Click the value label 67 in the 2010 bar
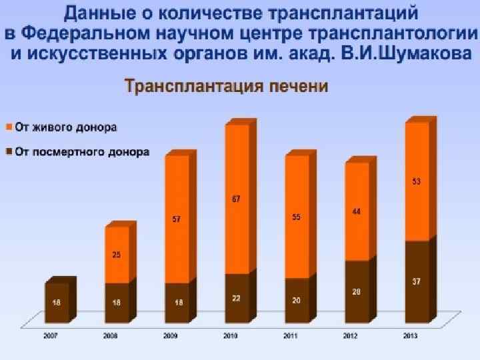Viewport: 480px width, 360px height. (x=236, y=199)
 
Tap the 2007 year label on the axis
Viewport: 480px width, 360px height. (x=51, y=336)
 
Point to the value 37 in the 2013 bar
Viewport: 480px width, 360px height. (x=416, y=283)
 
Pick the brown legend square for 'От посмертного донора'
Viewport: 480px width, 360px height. (x=9, y=152)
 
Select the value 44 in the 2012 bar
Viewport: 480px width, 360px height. (x=357, y=212)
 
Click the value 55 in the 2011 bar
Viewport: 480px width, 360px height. (x=297, y=217)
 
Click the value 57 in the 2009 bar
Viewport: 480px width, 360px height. (x=177, y=219)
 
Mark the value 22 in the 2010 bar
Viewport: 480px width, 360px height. (x=236, y=299)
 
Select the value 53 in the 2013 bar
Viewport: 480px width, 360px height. (x=416, y=181)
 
